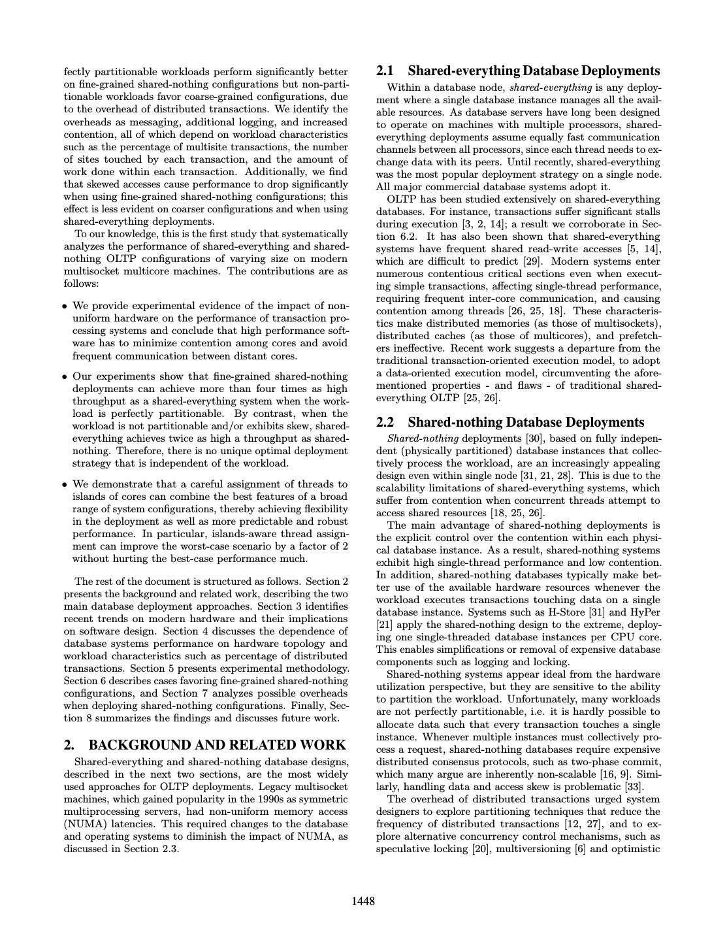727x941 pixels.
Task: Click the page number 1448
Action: pos(363,902)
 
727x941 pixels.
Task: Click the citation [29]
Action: pos(489,261)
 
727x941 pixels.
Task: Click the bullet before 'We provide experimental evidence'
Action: pos(65,306)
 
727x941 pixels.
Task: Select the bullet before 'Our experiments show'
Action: pos(65,377)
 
